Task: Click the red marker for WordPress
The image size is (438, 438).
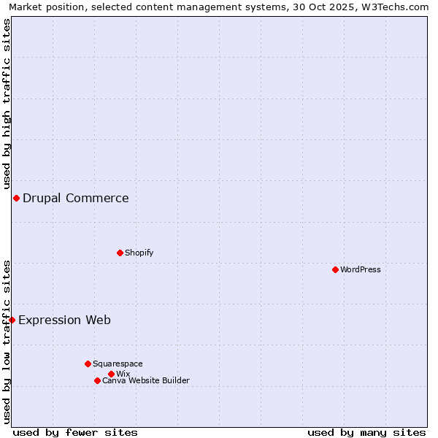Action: click(x=335, y=269)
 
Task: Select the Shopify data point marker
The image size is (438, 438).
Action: click(x=120, y=253)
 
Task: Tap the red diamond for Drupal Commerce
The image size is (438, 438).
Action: click(x=16, y=198)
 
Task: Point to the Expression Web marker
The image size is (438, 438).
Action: click(x=12, y=320)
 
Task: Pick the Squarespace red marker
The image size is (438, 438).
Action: click(x=88, y=364)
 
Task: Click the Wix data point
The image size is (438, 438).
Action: click(x=111, y=374)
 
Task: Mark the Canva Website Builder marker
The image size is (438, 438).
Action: click(x=97, y=380)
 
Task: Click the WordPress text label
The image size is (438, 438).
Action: click(x=361, y=269)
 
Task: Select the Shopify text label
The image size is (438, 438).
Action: click(x=139, y=253)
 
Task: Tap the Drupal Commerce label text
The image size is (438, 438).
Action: click(x=76, y=198)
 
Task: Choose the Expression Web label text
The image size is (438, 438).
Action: click(x=64, y=320)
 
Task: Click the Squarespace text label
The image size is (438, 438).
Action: click(x=118, y=364)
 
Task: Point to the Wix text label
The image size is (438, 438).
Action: click(x=123, y=374)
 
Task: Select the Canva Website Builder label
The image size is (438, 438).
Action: click(x=146, y=380)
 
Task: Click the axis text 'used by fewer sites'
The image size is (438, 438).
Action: click(x=75, y=432)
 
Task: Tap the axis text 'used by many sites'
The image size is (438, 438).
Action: click(x=366, y=432)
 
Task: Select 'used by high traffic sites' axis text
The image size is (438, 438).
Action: click(x=7, y=104)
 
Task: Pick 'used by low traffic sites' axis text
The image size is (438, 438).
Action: click(x=7, y=342)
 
